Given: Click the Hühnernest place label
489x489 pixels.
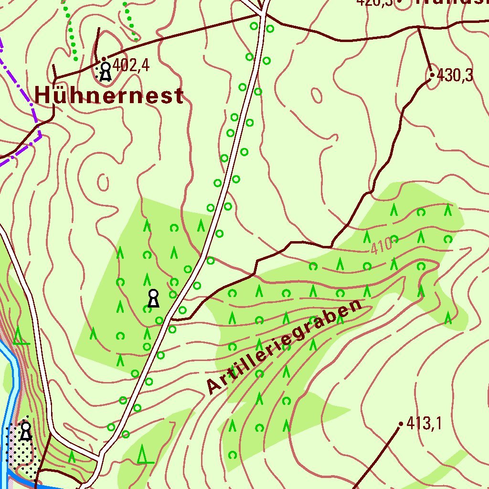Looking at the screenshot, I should click(x=109, y=96).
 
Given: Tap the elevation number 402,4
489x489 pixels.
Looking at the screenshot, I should click(x=132, y=65).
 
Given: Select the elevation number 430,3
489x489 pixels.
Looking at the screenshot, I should click(x=455, y=75).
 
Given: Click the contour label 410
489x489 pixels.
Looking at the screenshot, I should click(x=381, y=246).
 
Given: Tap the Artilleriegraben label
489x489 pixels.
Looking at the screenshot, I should click(x=285, y=347).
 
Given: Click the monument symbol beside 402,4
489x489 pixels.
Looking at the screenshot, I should click(x=105, y=72).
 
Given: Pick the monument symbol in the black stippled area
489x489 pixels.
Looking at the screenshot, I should click(x=26, y=431).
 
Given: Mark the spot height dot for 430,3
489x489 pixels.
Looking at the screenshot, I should click(x=432, y=75).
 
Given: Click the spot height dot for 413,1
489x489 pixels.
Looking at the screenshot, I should click(x=401, y=424).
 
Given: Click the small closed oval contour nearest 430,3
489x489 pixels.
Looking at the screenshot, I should click(x=317, y=95).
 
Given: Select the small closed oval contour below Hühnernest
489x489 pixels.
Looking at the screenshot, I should click(x=103, y=181).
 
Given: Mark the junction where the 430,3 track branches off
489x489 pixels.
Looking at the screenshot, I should click(x=419, y=28).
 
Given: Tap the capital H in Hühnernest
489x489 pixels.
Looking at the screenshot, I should click(x=42, y=96).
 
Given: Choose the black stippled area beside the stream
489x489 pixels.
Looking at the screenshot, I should click(x=21, y=449).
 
